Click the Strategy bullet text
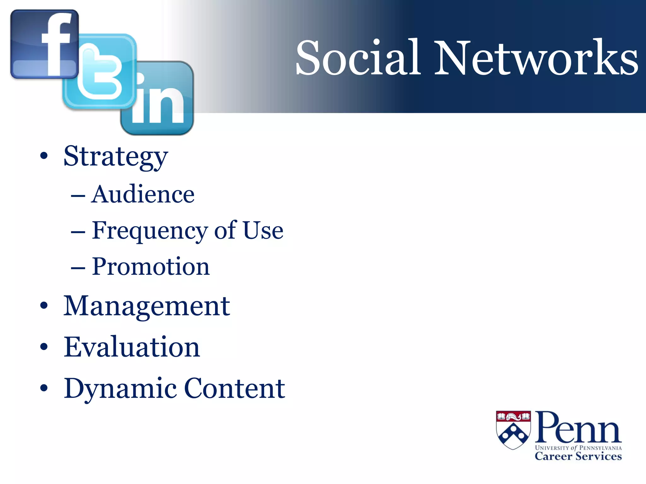coord(115,157)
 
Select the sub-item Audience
coord(143,194)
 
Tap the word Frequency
coord(150,231)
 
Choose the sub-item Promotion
coord(151,267)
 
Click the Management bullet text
coord(147,306)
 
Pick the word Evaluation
coord(132,347)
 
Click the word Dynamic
coord(120,389)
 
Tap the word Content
coord(234,388)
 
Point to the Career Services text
coord(578,456)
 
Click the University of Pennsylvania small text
coord(578,448)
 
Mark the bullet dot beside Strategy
coord(44,156)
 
